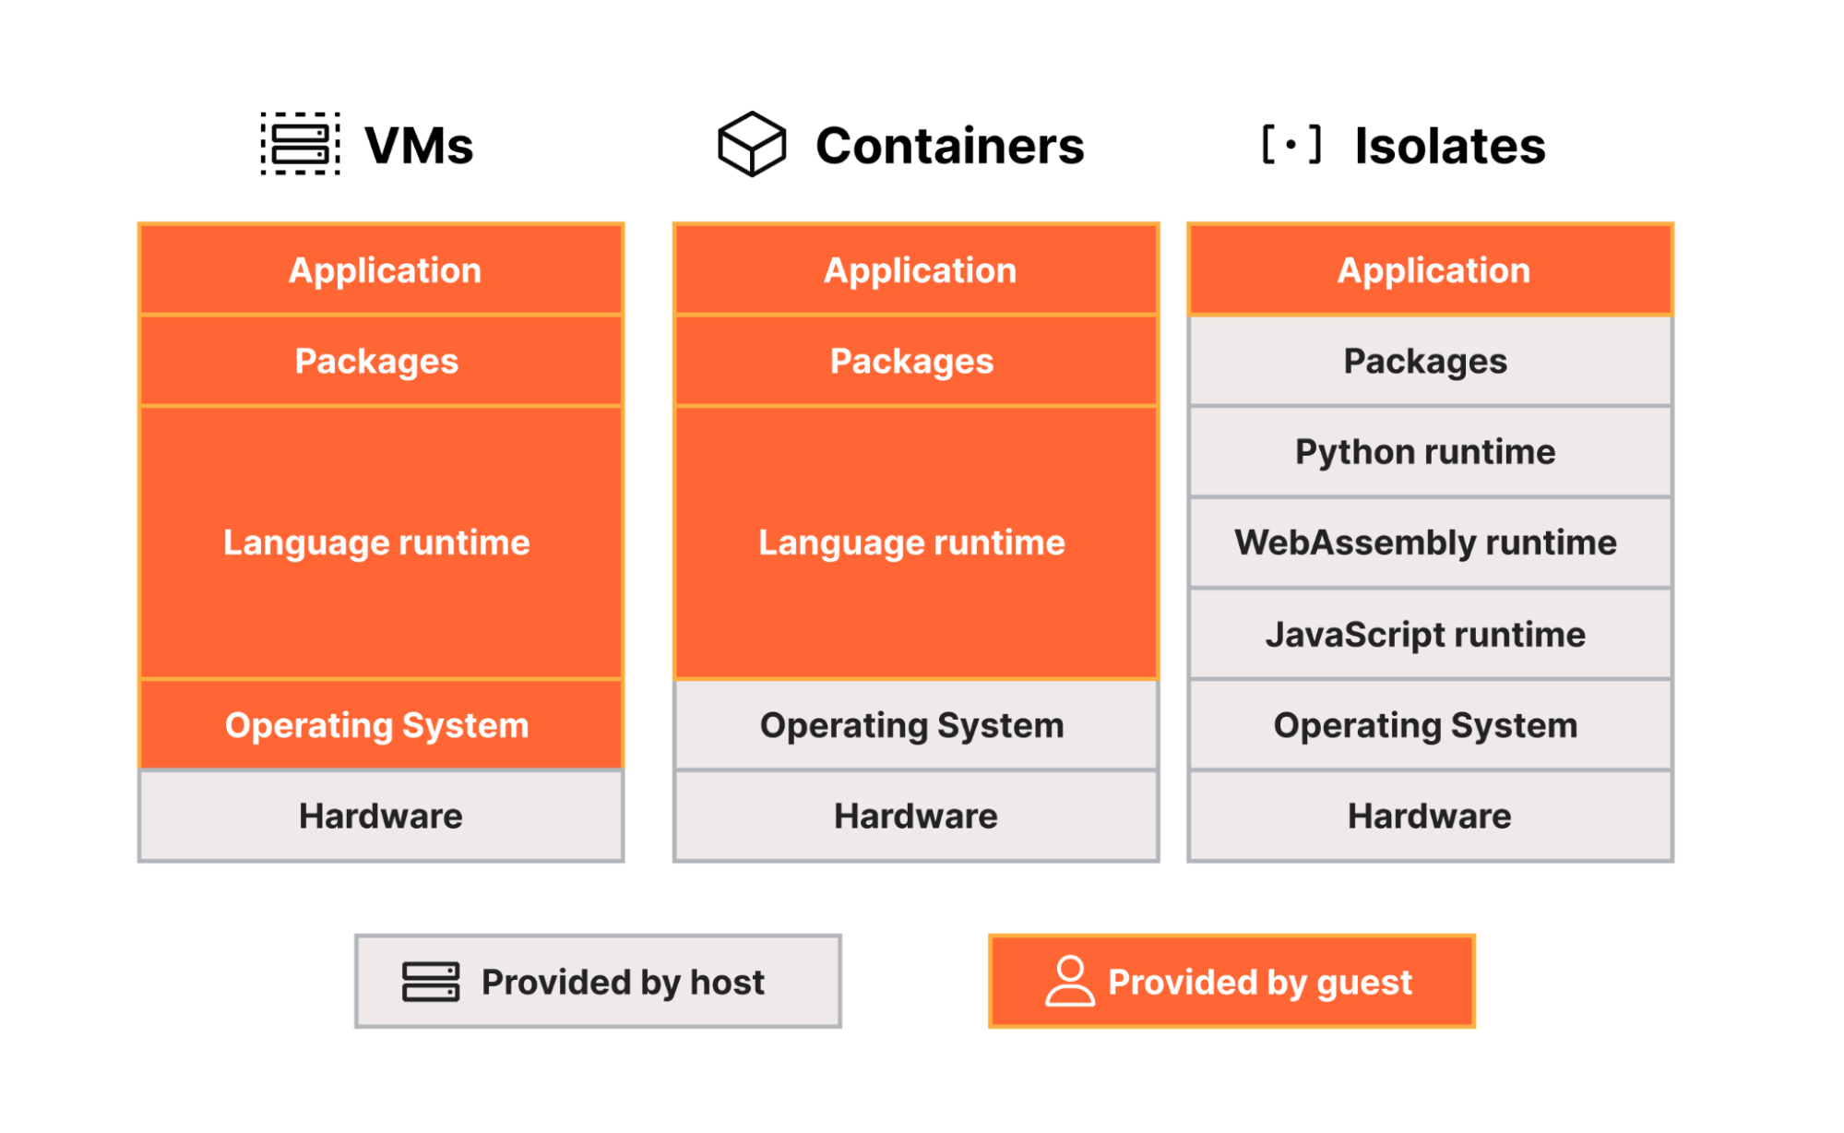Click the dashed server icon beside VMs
(300, 144)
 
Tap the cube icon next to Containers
(752, 144)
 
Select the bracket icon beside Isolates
(1291, 145)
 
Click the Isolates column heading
(1449, 146)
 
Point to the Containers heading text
(949, 146)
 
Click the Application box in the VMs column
(381, 270)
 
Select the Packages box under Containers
(915, 361)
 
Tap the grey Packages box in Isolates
(1430, 361)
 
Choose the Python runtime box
(1430, 452)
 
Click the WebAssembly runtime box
(1430, 543)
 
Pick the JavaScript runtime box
(1430, 634)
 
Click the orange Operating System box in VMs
(381, 725)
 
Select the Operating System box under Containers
(915, 725)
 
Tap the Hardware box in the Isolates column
(1430, 817)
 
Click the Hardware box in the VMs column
(381, 817)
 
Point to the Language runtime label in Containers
(911, 543)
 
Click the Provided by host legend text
(623, 982)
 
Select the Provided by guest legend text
(1259, 982)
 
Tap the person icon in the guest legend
(1069, 981)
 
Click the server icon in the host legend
(431, 982)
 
